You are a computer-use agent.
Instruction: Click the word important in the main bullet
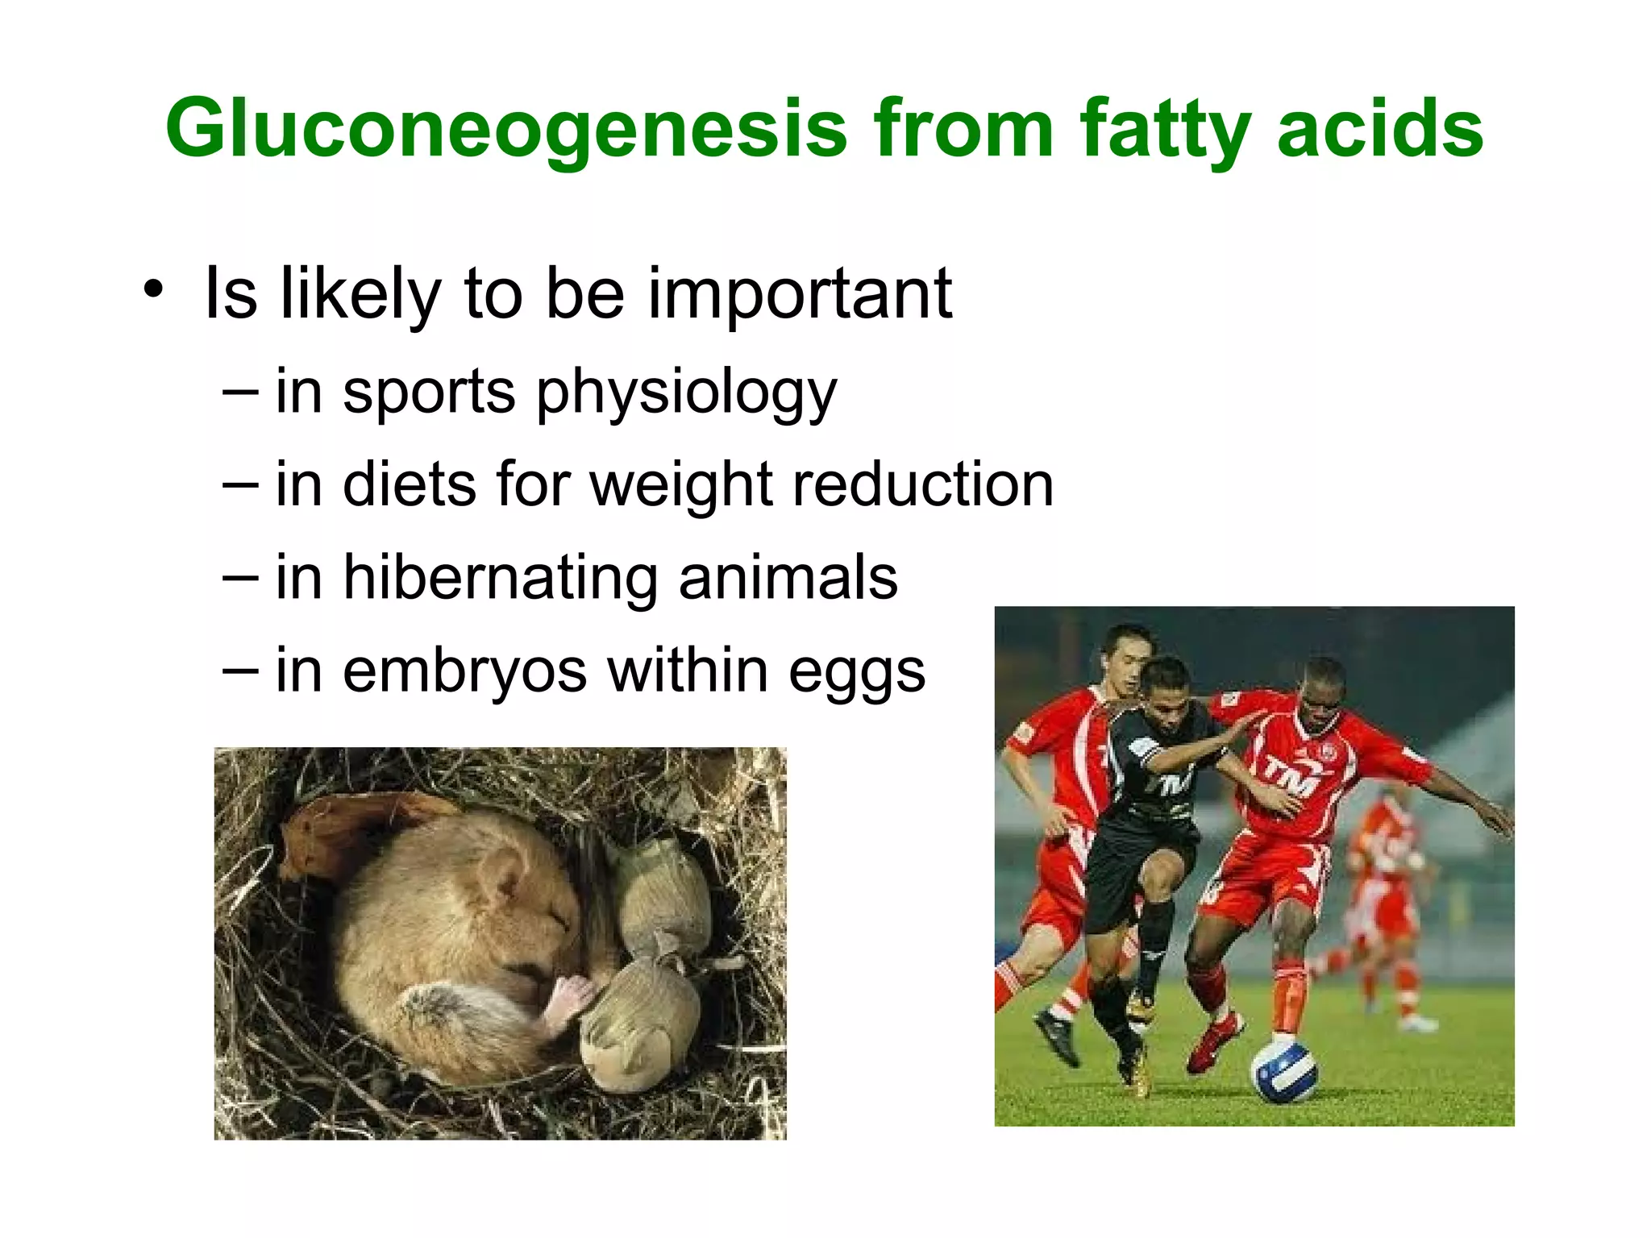800,293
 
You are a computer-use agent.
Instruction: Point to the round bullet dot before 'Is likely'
153,289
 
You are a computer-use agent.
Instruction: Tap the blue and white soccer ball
1283,1071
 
